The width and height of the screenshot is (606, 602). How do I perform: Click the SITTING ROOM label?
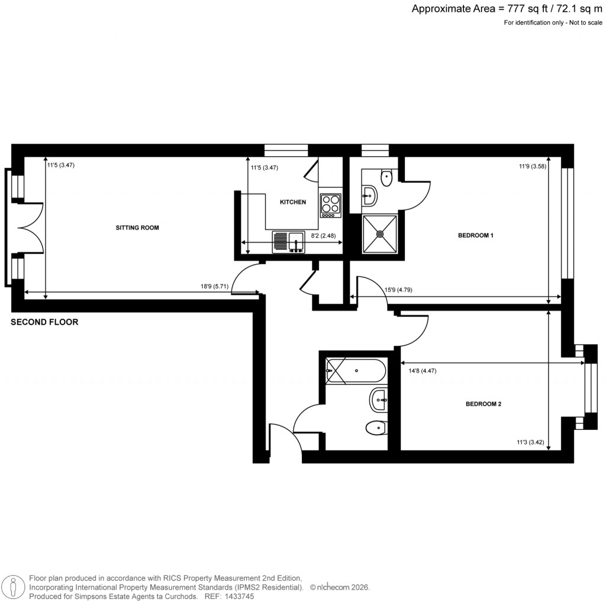tap(137, 228)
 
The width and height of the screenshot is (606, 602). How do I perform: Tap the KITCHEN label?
tap(293, 202)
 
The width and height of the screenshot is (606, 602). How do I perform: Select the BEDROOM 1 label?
tap(475, 235)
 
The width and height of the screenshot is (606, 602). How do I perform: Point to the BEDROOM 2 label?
tap(483, 404)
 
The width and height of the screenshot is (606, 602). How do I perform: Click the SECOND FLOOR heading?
tap(45, 323)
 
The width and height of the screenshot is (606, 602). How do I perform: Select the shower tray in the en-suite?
tap(380, 234)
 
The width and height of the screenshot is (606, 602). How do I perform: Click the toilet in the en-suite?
tap(386, 177)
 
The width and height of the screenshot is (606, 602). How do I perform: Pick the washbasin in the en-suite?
tap(369, 196)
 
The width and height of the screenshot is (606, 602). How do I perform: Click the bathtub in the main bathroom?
tap(356, 371)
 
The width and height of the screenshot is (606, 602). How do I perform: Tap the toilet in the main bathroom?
tap(375, 426)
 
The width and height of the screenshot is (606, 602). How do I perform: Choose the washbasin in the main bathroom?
tap(378, 400)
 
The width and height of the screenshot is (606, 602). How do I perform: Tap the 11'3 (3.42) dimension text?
tap(530, 441)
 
